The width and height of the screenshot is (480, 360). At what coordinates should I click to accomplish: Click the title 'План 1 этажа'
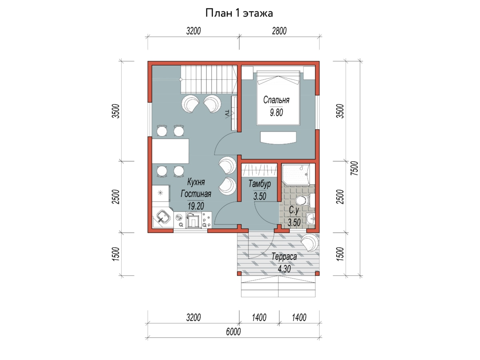239,13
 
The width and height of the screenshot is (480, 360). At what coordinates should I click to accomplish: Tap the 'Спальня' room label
276,100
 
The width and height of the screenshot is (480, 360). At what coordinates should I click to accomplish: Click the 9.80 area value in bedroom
276,112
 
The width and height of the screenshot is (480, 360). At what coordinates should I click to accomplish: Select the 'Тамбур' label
260,184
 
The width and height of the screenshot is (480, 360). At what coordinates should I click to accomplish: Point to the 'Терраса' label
284,257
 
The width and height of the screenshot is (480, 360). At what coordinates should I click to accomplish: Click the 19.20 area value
196,206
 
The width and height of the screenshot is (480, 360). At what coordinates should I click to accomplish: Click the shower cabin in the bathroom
296,175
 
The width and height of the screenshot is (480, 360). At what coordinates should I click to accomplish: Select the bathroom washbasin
310,218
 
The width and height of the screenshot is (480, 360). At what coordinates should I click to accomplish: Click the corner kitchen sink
162,217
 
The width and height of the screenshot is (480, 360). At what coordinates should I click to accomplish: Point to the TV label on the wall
227,113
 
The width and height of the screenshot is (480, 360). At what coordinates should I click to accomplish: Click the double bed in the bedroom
278,98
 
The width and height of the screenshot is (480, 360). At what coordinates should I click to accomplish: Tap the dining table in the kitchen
170,151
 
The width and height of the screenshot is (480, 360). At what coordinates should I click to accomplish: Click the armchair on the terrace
309,243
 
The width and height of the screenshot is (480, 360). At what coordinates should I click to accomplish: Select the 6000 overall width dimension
233,332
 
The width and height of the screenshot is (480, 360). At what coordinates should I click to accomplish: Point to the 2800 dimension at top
279,31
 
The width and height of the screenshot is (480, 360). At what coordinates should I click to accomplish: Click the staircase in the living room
209,80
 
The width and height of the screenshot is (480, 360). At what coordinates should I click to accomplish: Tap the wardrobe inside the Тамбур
260,170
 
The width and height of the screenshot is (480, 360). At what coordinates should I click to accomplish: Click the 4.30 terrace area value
284,269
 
